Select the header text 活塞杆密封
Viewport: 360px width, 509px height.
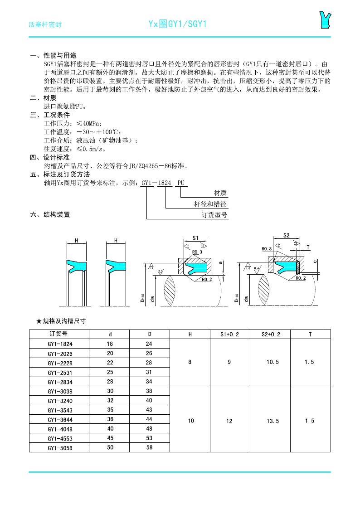(x=45, y=24)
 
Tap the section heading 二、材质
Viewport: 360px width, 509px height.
(x=44, y=98)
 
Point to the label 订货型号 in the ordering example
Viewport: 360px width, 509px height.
(x=214, y=215)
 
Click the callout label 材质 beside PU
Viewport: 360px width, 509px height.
(x=220, y=193)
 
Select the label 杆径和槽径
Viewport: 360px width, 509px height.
(x=210, y=204)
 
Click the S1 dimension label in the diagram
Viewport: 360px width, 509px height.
(x=196, y=238)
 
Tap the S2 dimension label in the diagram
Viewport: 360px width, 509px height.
(x=286, y=235)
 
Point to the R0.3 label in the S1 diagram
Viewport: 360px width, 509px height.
(x=197, y=252)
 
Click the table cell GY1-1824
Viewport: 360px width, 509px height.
(x=60, y=344)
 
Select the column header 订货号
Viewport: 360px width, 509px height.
(x=58, y=334)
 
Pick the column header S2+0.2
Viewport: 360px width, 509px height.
(x=271, y=334)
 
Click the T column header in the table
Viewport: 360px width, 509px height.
(x=310, y=334)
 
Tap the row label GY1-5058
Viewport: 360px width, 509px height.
(x=60, y=448)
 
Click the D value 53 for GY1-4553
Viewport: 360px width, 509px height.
(x=150, y=438)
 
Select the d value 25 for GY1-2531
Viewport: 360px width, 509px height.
(x=110, y=372)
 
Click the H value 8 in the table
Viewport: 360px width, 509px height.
(x=190, y=363)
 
